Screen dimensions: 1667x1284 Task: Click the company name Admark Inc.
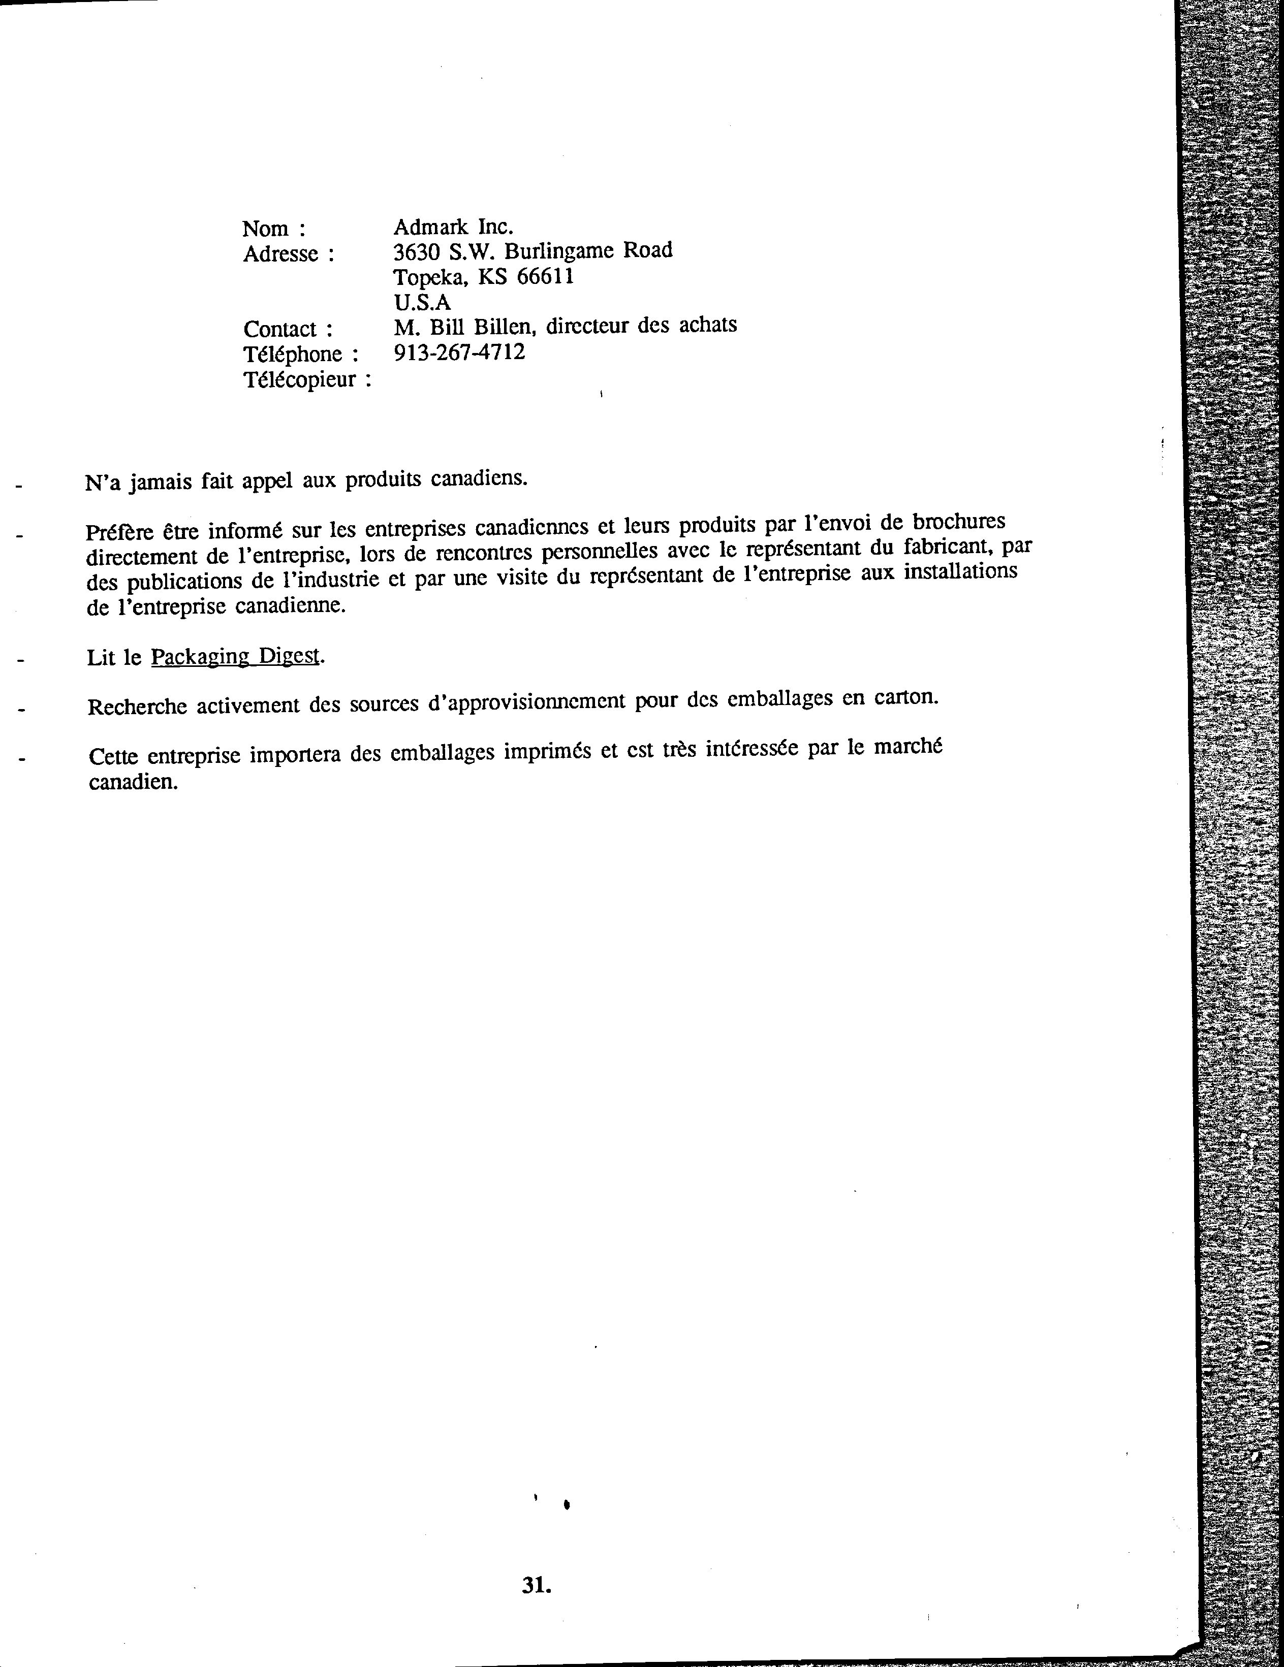[x=453, y=227]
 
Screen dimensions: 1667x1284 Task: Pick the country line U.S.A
[x=422, y=302]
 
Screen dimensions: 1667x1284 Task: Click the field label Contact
[x=279, y=329]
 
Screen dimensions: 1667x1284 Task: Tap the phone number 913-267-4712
[x=459, y=352]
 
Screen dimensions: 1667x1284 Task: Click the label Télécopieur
[x=299, y=379]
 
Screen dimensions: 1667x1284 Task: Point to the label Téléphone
[x=292, y=354]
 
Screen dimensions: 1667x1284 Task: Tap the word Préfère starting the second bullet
[x=118, y=531]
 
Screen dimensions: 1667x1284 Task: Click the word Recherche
[x=137, y=706]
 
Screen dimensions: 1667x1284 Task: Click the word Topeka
[x=430, y=277]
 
